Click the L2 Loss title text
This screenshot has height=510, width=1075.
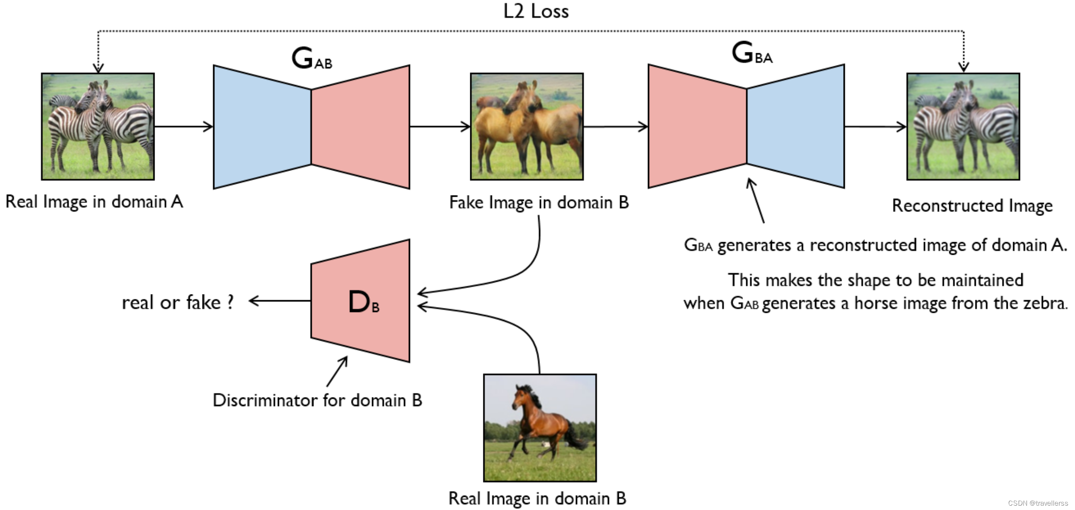(x=536, y=11)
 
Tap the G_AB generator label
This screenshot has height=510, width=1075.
(x=311, y=58)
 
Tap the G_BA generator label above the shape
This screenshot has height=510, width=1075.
(x=751, y=53)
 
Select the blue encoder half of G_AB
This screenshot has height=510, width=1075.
(x=262, y=127)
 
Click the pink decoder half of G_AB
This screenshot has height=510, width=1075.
(x=361, y=127)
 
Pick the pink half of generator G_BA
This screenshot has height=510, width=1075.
(x=697, y=127)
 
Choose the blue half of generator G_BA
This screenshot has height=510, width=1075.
(x=796, y=127)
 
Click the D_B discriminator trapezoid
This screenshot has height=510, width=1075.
(x=361, y=301)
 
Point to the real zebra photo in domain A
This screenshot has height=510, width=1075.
(x=98, y=127)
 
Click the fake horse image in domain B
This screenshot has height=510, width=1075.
(x=527, y=127)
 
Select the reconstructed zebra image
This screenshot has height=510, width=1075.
(x=963, y=127)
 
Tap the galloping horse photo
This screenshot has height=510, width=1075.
(x=540, y=428)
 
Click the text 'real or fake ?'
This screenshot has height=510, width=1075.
(x=178, y=302)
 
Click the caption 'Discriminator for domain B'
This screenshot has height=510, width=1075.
(x=317, y=400)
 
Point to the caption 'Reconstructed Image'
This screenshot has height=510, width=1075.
(x=972, y=205)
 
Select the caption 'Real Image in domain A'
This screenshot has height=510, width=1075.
(x=94, y=202)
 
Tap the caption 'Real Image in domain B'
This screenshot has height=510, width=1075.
(x=537, y=498)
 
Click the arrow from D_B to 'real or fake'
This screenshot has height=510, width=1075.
(x=279, y=301)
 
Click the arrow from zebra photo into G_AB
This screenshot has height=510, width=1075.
(x=183, y=127)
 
